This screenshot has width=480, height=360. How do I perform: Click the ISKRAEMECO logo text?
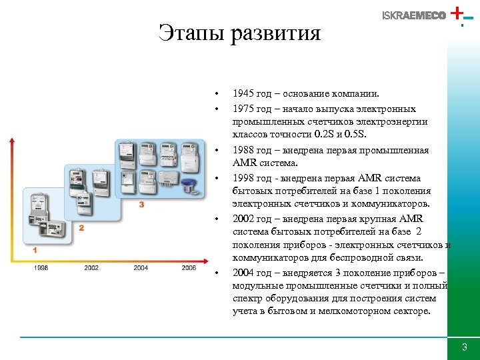414,16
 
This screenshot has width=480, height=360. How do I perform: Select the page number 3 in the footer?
465,348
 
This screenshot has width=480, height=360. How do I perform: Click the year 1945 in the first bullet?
243,95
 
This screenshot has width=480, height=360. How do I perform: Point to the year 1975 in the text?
243,108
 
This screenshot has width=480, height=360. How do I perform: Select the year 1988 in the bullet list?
243,150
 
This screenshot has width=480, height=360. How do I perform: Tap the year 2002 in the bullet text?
243,219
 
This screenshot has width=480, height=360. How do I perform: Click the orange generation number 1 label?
35,250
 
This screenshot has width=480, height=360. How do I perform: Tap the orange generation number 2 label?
81,228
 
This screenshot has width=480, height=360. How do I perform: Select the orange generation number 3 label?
141,204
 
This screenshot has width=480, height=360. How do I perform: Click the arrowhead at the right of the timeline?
203,261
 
